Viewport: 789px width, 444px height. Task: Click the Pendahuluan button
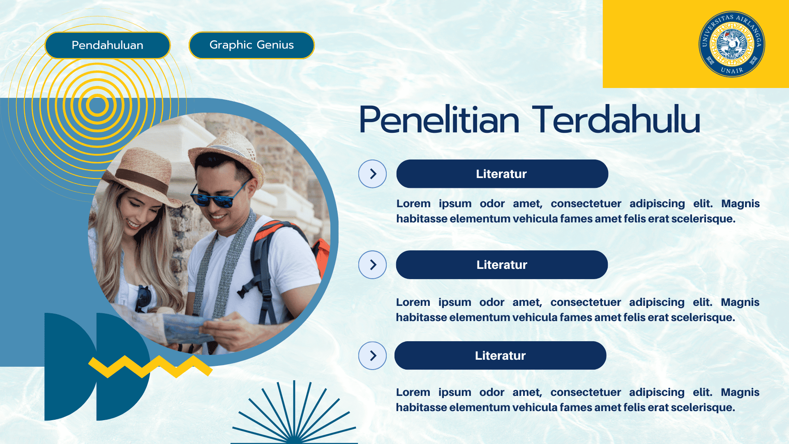[107, 45]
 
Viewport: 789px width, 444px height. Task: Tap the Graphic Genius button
[251, 45]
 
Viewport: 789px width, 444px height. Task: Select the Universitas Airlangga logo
[731, 44]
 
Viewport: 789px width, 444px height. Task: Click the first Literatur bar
[502, 174]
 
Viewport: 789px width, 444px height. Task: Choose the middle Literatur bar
[502, 265]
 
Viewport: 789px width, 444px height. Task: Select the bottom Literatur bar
[500, 356]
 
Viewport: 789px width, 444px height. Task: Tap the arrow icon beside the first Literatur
[372, 174]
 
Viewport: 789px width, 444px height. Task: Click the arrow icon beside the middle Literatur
[372, 265]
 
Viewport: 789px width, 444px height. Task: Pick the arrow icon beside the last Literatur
[372, 356]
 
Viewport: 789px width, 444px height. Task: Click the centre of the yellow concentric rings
[97, 105]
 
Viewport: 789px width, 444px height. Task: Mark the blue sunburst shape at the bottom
[294, 415]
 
